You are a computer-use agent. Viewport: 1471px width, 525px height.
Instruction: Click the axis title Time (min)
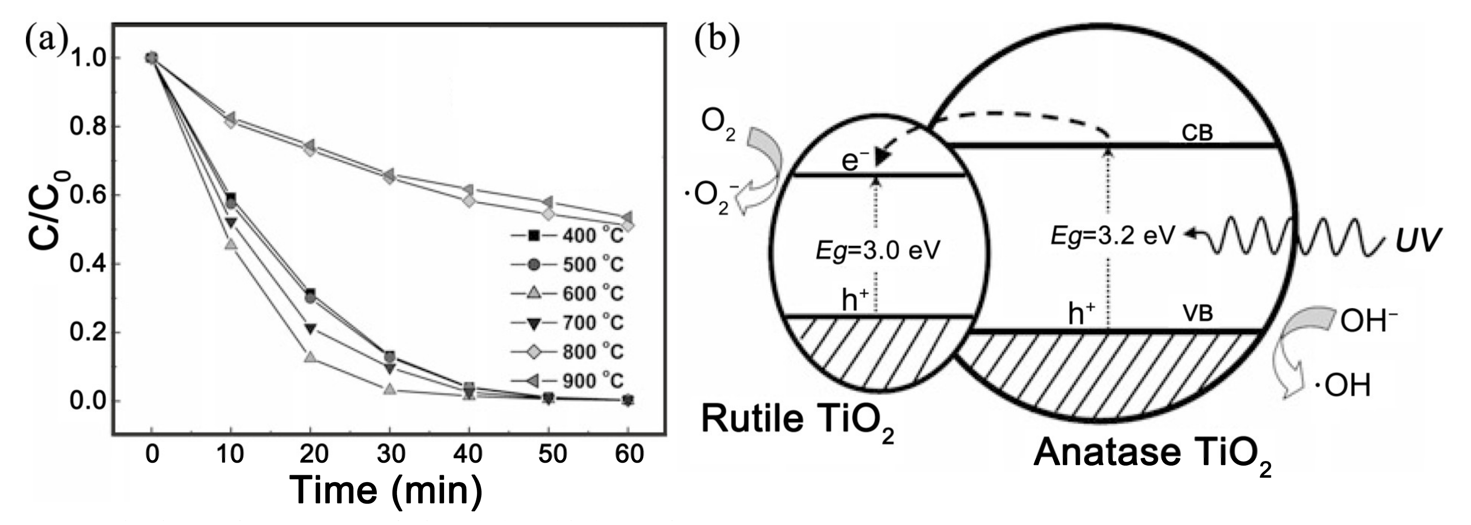coord(387,490)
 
